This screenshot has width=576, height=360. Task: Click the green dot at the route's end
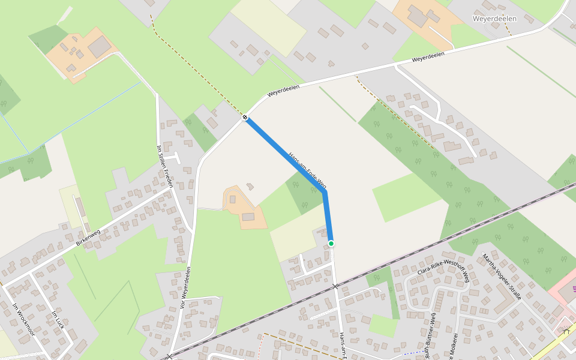331,243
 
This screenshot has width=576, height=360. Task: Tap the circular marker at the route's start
245,118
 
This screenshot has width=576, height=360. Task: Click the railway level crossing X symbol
335,287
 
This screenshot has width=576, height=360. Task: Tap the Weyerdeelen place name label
494,19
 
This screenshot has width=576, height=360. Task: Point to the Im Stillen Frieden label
164,166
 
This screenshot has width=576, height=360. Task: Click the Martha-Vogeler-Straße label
502,277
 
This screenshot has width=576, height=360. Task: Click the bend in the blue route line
325,192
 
